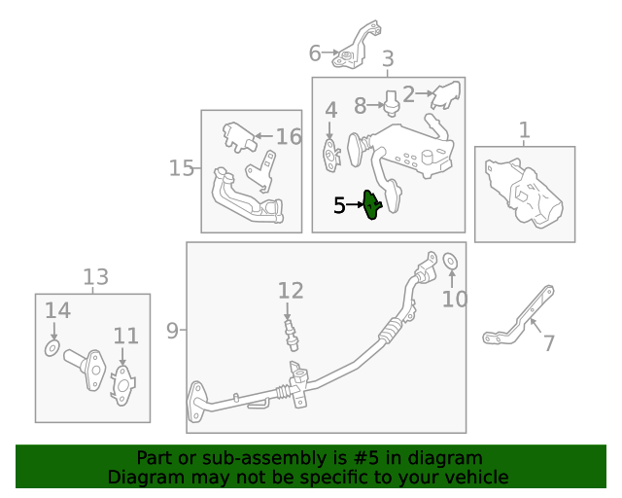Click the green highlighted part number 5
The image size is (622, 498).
(x=371, y=205)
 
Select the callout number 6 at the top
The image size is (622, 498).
(x=315, y=53)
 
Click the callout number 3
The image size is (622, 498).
(x=388, y=58)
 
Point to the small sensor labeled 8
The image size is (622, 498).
(x=391, y=103)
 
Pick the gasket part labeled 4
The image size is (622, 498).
(x=331, y=156)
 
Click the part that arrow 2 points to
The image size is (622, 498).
(x=446, y=95)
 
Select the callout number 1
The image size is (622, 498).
(x=524, y=130)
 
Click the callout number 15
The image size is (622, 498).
(x=181, y=168)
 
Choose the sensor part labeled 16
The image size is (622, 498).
(x=239, y=137)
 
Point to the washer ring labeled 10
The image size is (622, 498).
(x=450, y=261)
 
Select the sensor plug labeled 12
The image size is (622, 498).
(x=291, y=335)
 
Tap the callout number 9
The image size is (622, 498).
(x=172, y=331)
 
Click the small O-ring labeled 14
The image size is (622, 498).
(x=52, y=348)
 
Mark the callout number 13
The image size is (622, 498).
(x=95, y=277)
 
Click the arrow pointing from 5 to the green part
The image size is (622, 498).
(x=355, y=205)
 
